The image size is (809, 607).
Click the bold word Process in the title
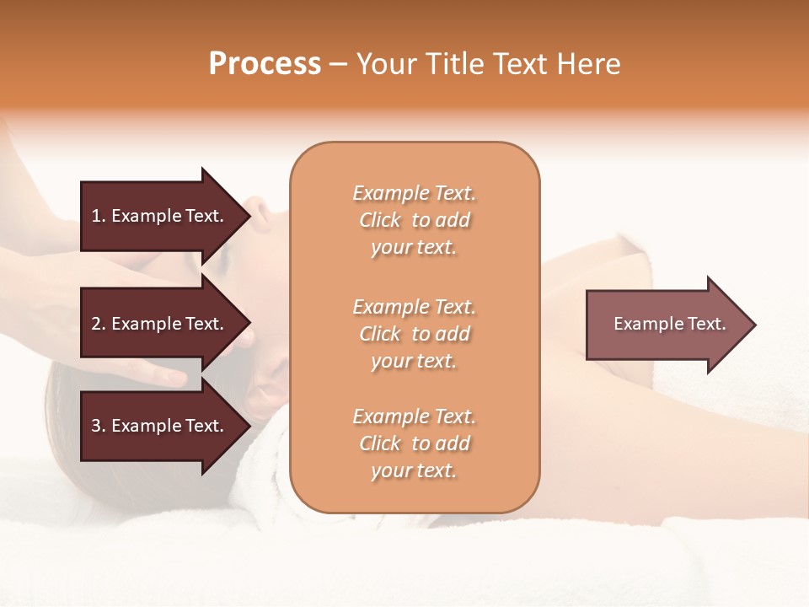click(265, 64)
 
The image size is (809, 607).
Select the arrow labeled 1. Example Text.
click(158, 216)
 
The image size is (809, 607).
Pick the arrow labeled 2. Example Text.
click(158, 324)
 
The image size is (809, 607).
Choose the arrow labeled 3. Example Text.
click(158, 426)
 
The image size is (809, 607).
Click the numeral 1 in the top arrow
click(96, 216)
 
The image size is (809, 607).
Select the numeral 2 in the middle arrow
click(96, 324)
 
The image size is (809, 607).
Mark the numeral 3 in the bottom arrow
click(96, 426)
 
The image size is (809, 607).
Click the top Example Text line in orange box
click(414, 193)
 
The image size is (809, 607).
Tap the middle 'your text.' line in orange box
click(414, 361)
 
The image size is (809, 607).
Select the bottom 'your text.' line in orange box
click(414, 470)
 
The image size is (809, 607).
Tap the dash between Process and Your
click(338, 64)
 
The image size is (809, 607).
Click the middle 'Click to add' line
click(414, 334)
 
